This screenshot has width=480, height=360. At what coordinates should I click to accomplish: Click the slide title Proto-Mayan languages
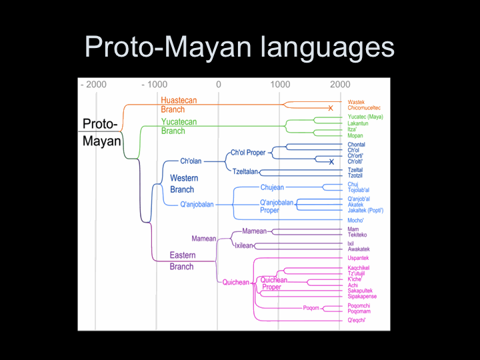[x=239, y=47]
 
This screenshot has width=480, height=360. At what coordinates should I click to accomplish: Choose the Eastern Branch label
[x=182, y=261]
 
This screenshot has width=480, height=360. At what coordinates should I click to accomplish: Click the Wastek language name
[x=356, y=102]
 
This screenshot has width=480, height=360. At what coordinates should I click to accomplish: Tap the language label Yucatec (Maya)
[x=365, y=117]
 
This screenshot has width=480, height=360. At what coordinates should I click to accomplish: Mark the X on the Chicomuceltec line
[x=330, y=108]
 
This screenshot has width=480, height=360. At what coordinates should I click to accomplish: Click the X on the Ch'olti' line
[x=331, y=161]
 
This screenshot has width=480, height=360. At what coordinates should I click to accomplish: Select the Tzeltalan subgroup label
[x=246, y=171]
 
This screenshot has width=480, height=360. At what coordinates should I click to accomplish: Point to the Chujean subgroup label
[x=273, y=187]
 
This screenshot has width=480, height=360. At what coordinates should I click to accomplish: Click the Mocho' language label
[x=357, y=219]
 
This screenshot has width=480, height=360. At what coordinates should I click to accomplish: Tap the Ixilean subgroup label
[x=243, y=245]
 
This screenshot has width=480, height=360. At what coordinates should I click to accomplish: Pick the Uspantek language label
[x=358, y=258]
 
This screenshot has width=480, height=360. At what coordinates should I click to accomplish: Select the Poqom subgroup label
[x=311, y=308]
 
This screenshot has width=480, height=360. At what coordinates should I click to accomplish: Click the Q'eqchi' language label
[x=357, y=320]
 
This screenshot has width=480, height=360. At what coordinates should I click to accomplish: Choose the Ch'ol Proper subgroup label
[x=248, y=153]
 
